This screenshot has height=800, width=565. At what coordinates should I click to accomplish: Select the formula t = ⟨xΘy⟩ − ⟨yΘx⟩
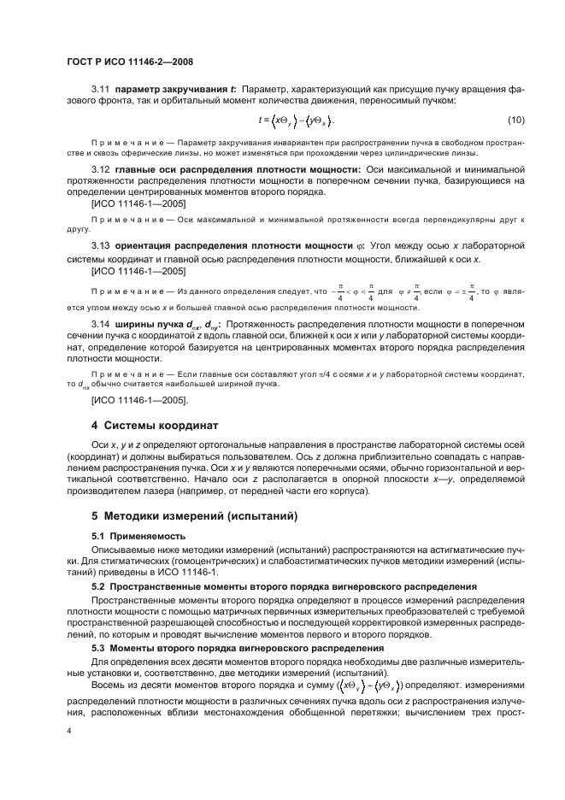pos(296,120)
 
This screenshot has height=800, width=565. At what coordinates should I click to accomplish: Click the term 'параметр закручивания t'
pos(176,90)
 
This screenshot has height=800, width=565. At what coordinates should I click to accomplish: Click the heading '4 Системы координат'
pos(155,425)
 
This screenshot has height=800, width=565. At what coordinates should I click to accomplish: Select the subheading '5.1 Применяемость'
pos(138,536)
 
